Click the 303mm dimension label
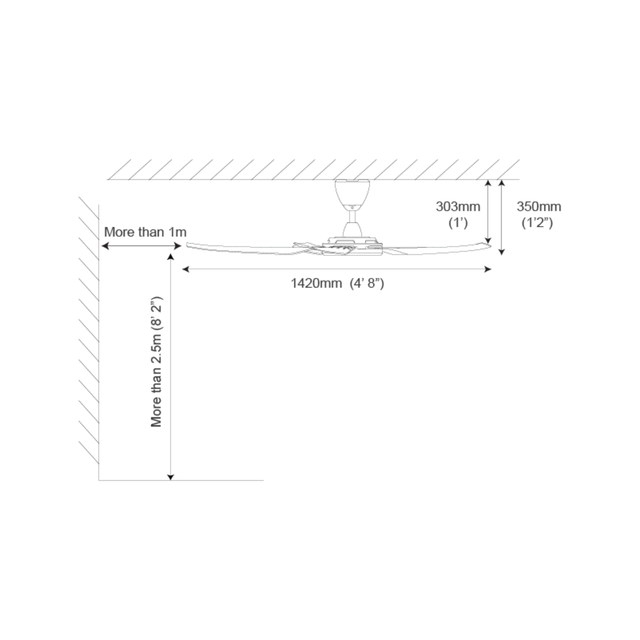point(458,207)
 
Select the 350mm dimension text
point(539,207)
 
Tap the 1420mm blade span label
point(316,283)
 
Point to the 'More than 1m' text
point(145,232)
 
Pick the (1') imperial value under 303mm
point(458,223)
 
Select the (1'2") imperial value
point(537,223)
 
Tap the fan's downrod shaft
point(352,217)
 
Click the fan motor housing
point(352,246)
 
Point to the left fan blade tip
point(187,245)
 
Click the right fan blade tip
point(490,245)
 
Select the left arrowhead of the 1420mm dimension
point(186,269)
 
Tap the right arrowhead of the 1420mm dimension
point(488,269)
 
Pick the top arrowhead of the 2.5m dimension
point(171,257)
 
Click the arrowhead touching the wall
point(105,246)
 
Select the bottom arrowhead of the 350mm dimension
point(502,252)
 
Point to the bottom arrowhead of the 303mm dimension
point(488,241)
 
